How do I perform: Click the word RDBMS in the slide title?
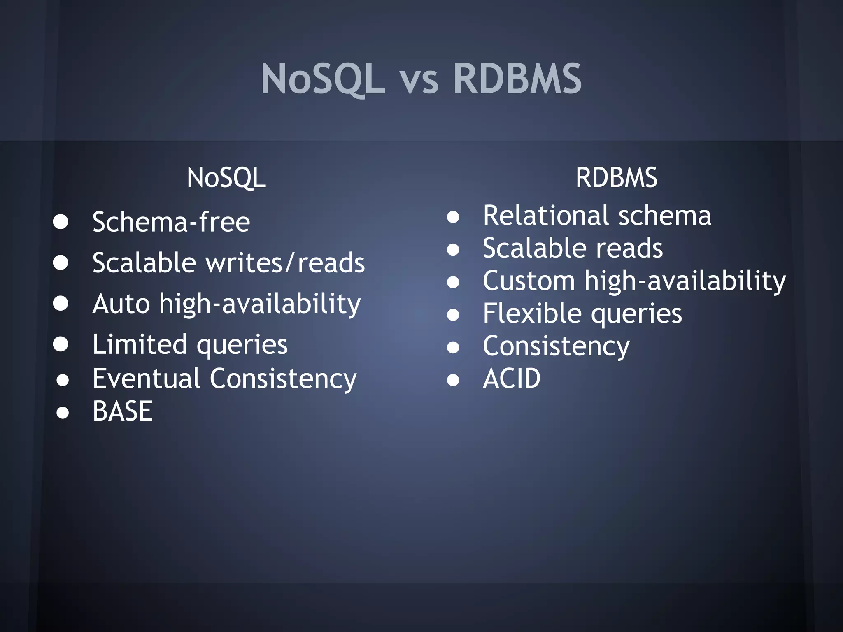(x=517, y=79)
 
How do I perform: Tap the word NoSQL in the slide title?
(x=323, y=79)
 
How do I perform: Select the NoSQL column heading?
(x=226, y=178)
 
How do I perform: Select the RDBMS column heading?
(x=616, y=178)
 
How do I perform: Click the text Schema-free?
(x=171, y=222)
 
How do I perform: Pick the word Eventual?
(x=146, y=379)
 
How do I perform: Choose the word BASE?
(x=123, y=411)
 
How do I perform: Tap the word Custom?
(x=529, y=281)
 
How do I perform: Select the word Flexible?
(x=532, y=314)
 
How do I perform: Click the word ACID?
(x=512, y=379)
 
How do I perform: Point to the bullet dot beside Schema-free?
(x=61, y=222)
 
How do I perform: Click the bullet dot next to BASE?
(x=63, y=412)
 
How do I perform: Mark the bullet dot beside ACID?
(x=453, y=380)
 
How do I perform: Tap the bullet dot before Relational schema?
(x=453, y=216)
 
